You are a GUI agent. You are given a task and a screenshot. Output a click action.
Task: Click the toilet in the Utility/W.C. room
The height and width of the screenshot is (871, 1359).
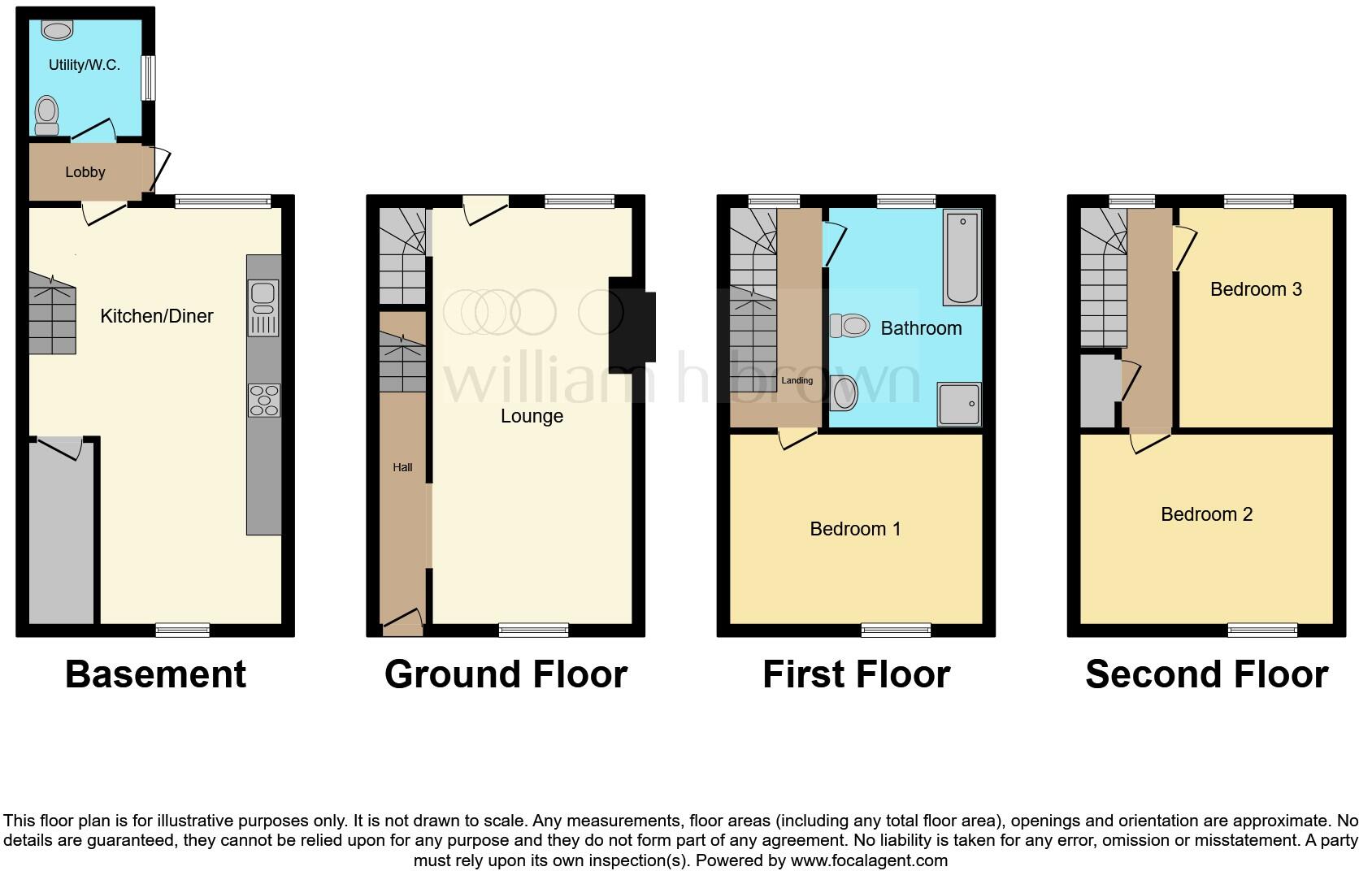[x=47, y=115]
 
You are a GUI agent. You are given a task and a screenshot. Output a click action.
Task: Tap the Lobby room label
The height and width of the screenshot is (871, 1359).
[x=85, y=172]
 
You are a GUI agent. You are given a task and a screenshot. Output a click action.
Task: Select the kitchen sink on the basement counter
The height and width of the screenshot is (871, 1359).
[x=263, y=298]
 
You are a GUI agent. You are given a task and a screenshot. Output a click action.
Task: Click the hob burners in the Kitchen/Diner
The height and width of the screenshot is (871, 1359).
[x=263, y=401]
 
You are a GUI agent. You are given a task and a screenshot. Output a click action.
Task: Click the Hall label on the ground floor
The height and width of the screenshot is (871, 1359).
[x=402, y=467]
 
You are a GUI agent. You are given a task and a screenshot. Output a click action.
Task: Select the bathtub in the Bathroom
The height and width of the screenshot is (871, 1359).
[x=962, y=257]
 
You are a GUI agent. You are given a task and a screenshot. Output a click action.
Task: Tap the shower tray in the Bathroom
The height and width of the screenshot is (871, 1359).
[x=959, y=404]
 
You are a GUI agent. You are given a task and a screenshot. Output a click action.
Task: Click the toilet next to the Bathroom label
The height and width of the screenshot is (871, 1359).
[x=850, y=327]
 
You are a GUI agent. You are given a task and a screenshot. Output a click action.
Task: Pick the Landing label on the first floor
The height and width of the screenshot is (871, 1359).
[x=797, y=380]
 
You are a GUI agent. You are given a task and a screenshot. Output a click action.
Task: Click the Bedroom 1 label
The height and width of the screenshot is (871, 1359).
[x=855, y=529]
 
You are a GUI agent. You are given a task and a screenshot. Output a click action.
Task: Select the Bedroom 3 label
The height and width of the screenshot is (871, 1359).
[x=1256, y=289]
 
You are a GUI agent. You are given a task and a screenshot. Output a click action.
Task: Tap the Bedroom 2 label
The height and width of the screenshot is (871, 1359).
[x=1206, y=514]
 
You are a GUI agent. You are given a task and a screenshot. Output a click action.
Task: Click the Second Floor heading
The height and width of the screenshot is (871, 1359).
[x=1206, y=674]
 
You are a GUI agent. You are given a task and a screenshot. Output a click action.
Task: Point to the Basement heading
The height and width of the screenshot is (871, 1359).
[x=155, y=674]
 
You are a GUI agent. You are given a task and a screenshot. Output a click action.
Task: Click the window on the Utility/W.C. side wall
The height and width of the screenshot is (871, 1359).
[x=148, y=78]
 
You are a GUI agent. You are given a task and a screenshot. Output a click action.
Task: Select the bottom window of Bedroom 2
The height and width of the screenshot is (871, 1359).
[x=1262, y=630]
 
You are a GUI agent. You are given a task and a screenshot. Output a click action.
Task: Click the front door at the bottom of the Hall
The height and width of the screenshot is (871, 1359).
[x=403, y=625]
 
